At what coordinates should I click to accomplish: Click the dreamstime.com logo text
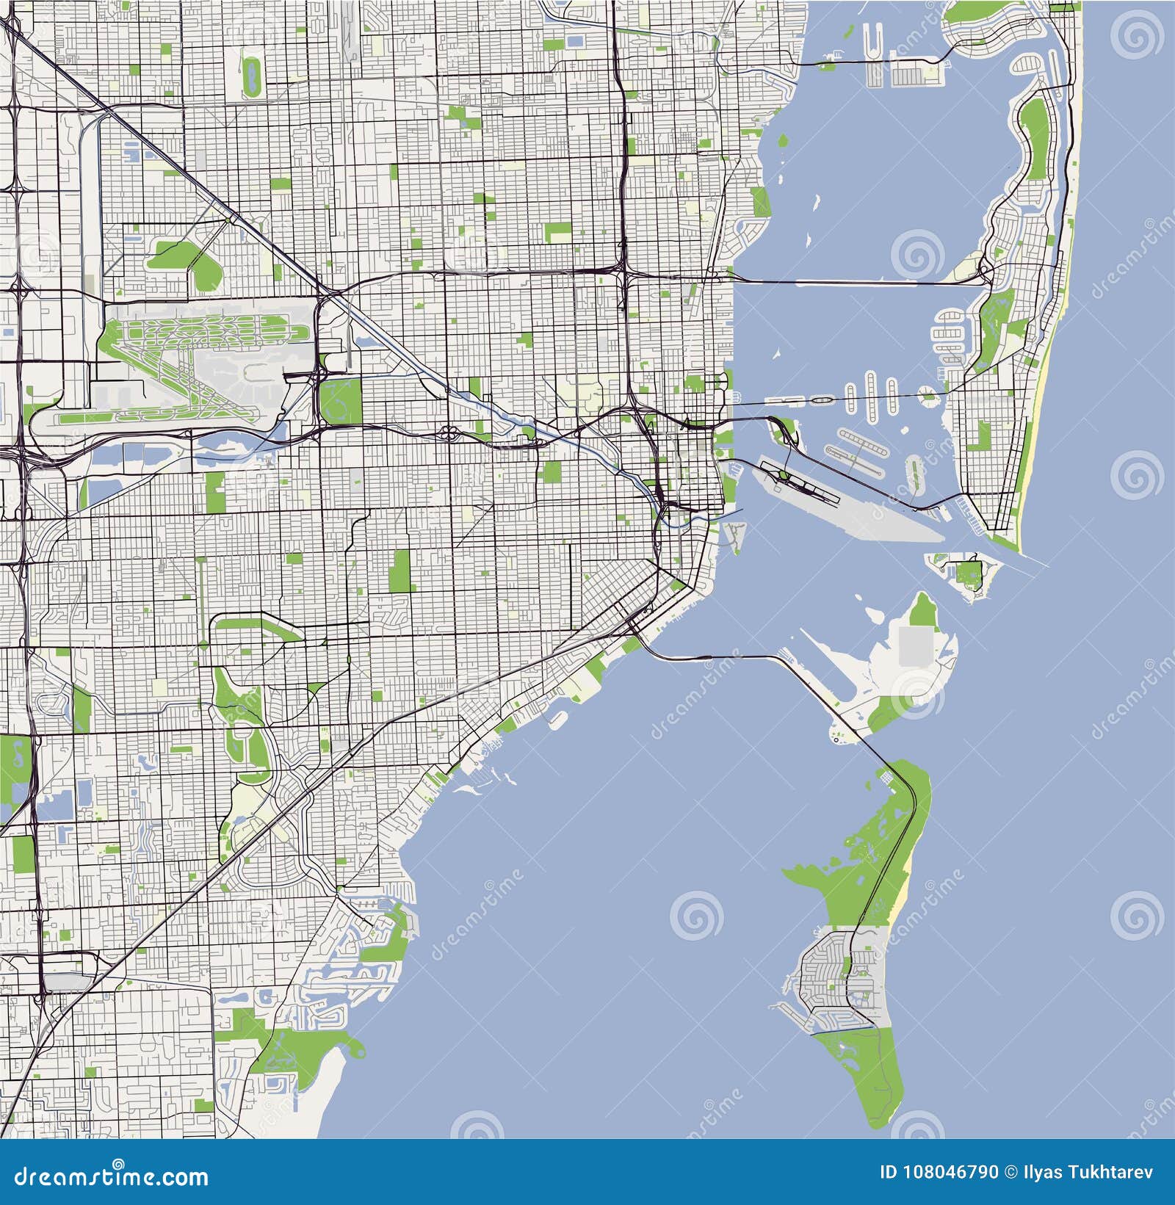tap(111, 1177)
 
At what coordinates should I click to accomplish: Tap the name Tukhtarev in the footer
tap(1110, 1171)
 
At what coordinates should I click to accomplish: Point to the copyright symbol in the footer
tap(1011, 1171)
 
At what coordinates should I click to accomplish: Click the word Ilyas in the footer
tap(1044, 1171)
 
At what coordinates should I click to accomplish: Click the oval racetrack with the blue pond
tap(253, 77)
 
